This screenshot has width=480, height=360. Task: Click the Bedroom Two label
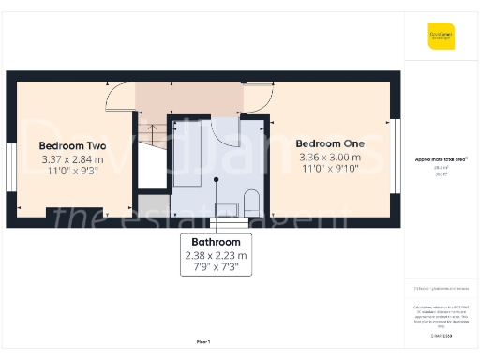[x=71, y=146]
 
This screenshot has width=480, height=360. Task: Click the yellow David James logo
[x=441, y=36]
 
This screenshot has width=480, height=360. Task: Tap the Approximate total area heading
[x=441, y=160]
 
